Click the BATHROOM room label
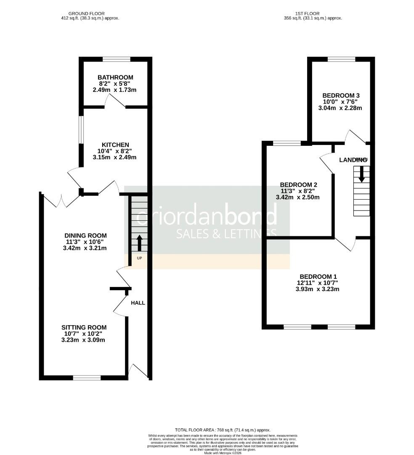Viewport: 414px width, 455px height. (115, 78)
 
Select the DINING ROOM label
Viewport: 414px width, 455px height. (85, 236)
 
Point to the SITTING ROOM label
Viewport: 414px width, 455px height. (84, 327)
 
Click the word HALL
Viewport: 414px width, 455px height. (138, 303)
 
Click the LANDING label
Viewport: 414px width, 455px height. (353, 160)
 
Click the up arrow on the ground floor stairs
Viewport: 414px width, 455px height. (139, 243)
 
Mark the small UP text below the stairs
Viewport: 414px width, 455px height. (139, 258)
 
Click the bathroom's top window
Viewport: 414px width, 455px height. (117, 59)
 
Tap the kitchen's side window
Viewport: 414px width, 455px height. (82, 129)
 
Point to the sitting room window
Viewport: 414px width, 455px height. (87, 377)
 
